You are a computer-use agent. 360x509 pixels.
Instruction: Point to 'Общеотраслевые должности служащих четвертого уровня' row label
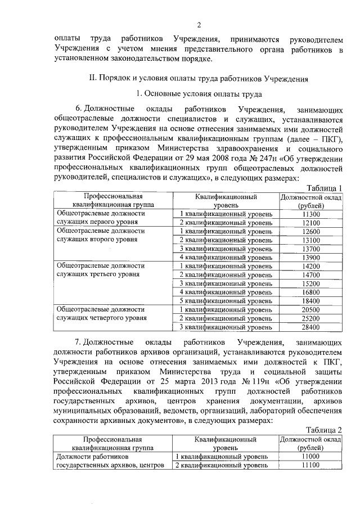pos(101,313)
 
